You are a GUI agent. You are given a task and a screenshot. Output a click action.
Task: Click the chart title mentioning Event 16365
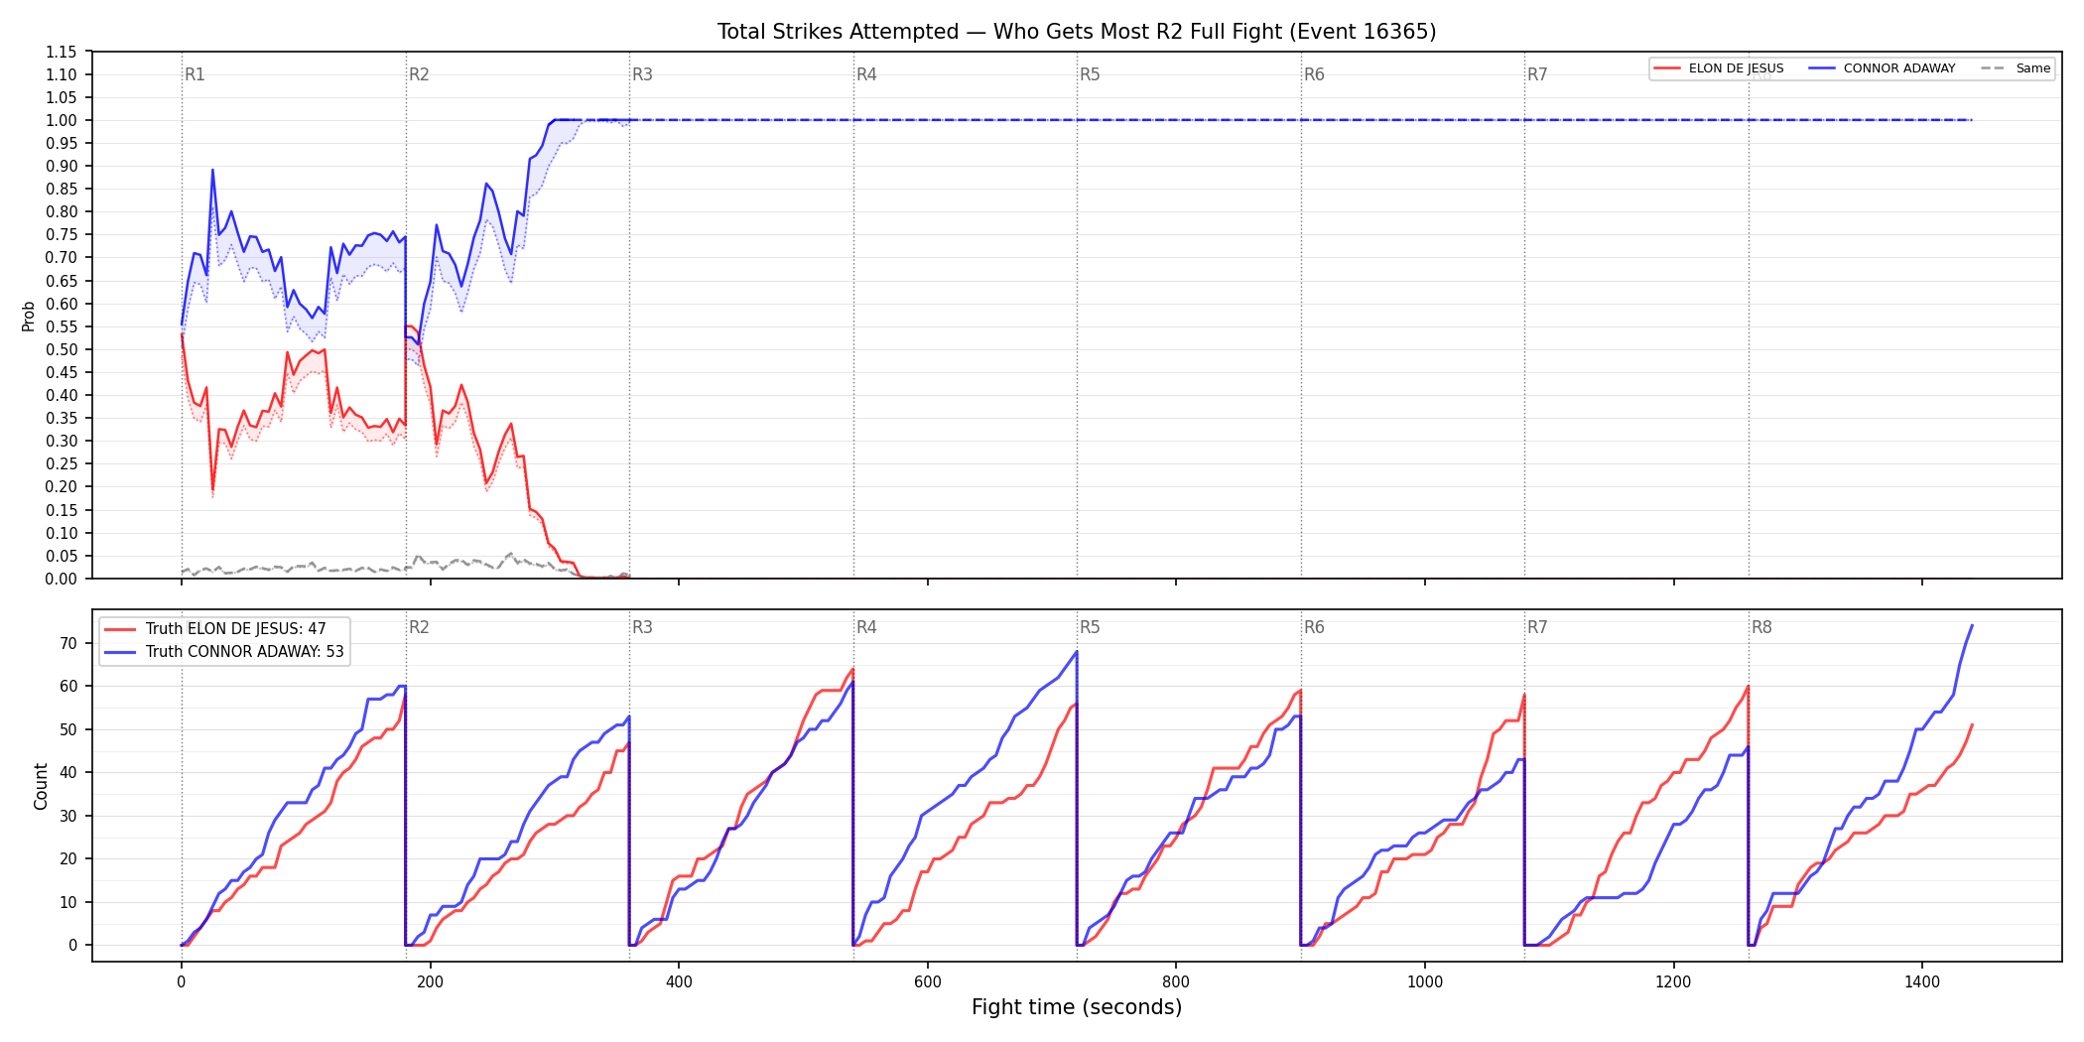pyautogui.click(x=1077, y=32)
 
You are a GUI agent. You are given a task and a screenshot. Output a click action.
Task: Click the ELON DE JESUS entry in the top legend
pyautogui.click(x=1718, y=68)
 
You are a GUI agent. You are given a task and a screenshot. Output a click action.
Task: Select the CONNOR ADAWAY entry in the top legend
pyautogui.click(x=1882, y=68)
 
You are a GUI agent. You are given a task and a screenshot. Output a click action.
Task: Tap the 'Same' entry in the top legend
pyautogui.click(x=2016, y=68)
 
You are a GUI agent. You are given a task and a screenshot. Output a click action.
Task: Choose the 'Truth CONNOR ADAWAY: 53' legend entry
pyautogui.click(x=225, y=652)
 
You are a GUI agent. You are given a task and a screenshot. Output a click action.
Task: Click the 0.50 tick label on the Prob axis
pyautogui.click(x=61, y=349)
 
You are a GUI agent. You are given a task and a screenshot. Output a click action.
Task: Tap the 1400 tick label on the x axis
pyautogui.click(x=1922, y=982)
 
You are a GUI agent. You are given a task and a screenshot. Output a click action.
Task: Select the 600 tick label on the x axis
pyautogui.click(x=927, y=982)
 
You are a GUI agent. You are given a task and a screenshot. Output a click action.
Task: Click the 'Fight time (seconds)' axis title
pyautogui.click(x=1077, y=1007)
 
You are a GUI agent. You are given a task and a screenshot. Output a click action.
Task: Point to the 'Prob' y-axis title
pyautogui.click(x=29, y=316)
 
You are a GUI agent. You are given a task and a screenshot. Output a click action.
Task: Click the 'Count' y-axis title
pyautogui.click(x=41, y=786)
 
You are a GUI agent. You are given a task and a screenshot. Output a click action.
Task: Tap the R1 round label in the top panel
pyautogui.click(x=195, y=74)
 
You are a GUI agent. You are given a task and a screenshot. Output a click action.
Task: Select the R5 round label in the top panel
pyautogui.click(x=1090, y=74)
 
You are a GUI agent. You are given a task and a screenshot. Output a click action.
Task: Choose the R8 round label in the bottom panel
pyautogui.click(x=1761, y=627)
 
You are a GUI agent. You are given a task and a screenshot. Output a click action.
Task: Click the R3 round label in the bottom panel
pyautogui.click(x=642, y=627)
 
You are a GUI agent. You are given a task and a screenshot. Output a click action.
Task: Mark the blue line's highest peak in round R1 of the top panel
pyautogui.click(x=212, y=170)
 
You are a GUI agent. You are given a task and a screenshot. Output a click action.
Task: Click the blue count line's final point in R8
pyautogui.click(x=1972, y=625)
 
